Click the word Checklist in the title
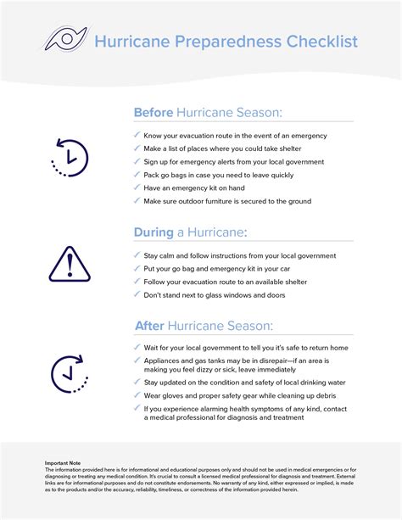(315, 42)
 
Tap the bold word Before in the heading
(153, 113)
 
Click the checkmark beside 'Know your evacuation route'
(137, 135)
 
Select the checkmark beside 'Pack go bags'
(137, 175)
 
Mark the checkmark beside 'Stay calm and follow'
(137, 254)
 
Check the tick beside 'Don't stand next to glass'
(137, 294)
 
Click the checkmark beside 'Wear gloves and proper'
(137, 394)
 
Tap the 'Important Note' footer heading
(64, 462)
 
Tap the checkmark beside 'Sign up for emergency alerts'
(137, 161)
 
